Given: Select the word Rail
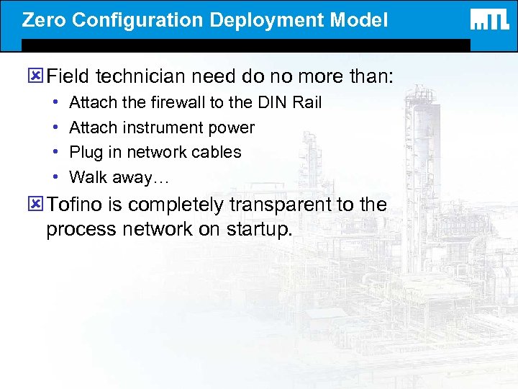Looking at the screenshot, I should pos(307,103).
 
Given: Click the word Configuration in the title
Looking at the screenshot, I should pos(140,19).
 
